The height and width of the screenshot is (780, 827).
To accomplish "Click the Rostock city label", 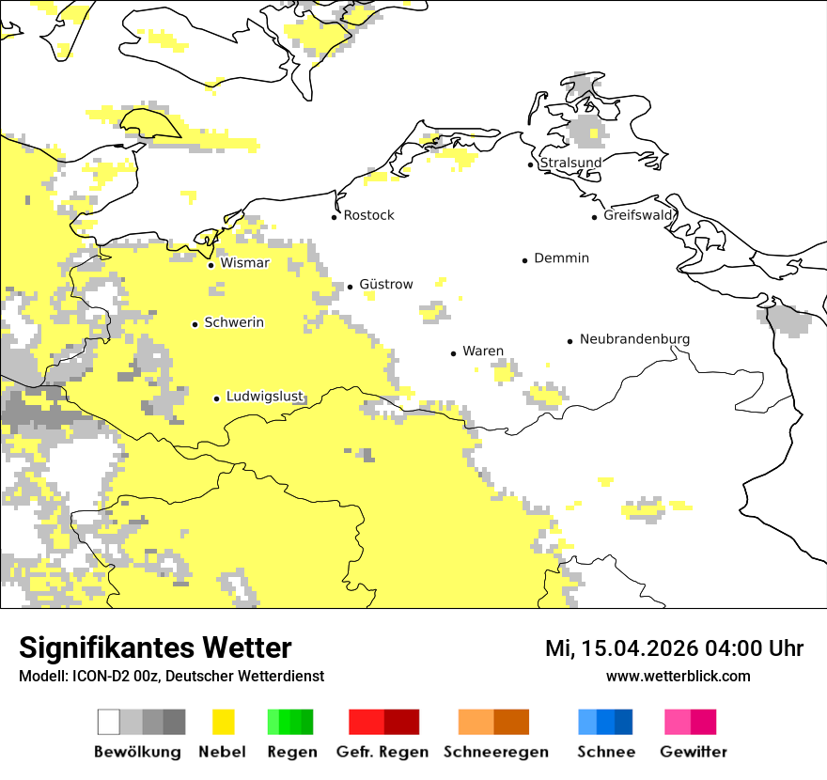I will coord(368,215).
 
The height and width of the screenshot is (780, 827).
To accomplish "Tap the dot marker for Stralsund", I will coord(531,164).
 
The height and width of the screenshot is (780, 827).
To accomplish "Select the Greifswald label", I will coord(638,215).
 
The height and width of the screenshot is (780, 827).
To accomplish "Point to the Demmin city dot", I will coord(525,259).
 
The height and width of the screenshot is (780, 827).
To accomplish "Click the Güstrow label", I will coord(385,284).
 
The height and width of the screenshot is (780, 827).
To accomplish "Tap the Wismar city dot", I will coord(211,265).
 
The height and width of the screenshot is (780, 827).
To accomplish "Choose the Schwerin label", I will coord(234,322).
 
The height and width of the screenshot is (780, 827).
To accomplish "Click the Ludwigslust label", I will coord(264,397).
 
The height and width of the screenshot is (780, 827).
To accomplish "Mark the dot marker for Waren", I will coord(454,353).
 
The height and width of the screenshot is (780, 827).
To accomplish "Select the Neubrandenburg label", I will coord(634,339).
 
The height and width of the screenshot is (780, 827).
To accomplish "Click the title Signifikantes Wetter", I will coord(155,648).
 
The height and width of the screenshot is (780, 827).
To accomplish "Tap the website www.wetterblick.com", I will coord(678,676).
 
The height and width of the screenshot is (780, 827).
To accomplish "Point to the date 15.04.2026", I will coord(639,648).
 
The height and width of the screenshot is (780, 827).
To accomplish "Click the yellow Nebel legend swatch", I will coord(223,722).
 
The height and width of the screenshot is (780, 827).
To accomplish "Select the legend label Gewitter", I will coord(694,752).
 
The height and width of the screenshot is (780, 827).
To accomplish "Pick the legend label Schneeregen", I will coord(495,752).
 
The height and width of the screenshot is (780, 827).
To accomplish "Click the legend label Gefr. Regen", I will coord(382,752).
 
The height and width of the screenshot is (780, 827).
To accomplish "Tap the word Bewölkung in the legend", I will coord(137,752).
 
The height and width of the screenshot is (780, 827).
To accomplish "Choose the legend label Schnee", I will coord(605,752).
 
